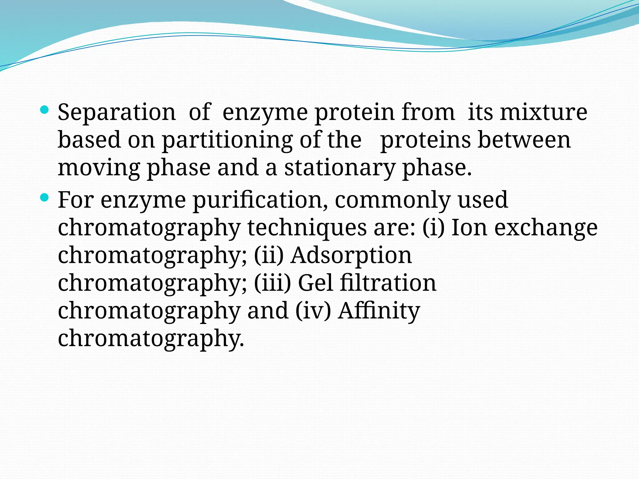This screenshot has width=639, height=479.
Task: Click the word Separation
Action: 117,112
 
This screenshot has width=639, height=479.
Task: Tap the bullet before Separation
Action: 45,109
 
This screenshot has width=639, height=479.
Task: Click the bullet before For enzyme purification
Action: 45,197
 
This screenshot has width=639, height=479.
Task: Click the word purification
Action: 260,201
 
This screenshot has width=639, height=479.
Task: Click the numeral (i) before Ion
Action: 433,228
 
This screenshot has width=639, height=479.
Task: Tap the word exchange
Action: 546,228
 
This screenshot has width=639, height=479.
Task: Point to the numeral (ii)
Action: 269,255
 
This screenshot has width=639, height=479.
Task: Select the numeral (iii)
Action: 272,283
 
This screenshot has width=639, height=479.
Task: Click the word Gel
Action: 315,283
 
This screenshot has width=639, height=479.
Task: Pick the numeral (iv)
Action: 313,311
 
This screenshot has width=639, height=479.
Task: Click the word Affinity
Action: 379,311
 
